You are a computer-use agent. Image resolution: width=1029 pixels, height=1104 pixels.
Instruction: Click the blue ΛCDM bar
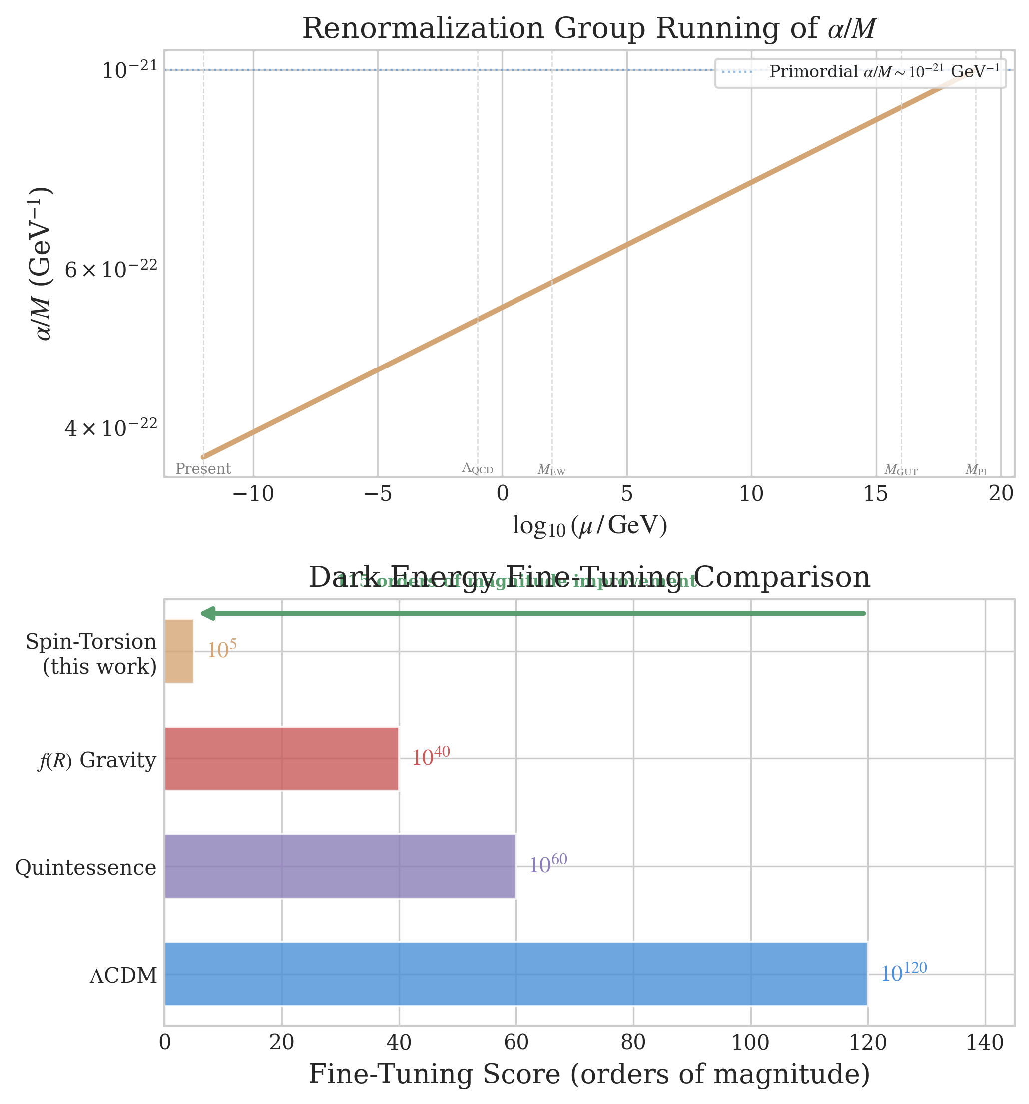(515, 974)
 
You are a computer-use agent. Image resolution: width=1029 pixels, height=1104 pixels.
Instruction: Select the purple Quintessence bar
(340, 866)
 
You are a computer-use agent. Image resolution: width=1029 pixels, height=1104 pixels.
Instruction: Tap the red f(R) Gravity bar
(281, 758)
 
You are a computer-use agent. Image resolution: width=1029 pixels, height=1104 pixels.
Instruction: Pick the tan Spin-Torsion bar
(178, 650)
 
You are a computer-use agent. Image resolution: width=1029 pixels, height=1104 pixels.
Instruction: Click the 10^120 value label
(904, 972)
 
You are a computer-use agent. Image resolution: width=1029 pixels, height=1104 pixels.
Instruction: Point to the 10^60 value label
(547, 864)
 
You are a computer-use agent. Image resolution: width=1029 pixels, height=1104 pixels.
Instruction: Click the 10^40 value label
(430, 756)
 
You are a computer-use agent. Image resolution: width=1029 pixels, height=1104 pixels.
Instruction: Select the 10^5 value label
(222, 649)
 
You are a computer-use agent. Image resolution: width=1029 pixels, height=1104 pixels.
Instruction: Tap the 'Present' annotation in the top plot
(203, 469)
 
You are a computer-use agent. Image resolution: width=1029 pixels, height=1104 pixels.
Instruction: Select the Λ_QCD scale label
(477, 469)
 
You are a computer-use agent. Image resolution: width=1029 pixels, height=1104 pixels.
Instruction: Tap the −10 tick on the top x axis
(253, 494)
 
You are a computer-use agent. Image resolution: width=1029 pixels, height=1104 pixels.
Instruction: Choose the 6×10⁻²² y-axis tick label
(111, 270)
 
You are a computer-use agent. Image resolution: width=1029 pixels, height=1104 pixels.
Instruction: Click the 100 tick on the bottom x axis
(751, 1043)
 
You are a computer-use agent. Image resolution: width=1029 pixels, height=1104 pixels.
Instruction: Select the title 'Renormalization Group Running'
(589, 29)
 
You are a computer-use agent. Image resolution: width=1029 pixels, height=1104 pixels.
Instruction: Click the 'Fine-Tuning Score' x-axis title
(589, 1074)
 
